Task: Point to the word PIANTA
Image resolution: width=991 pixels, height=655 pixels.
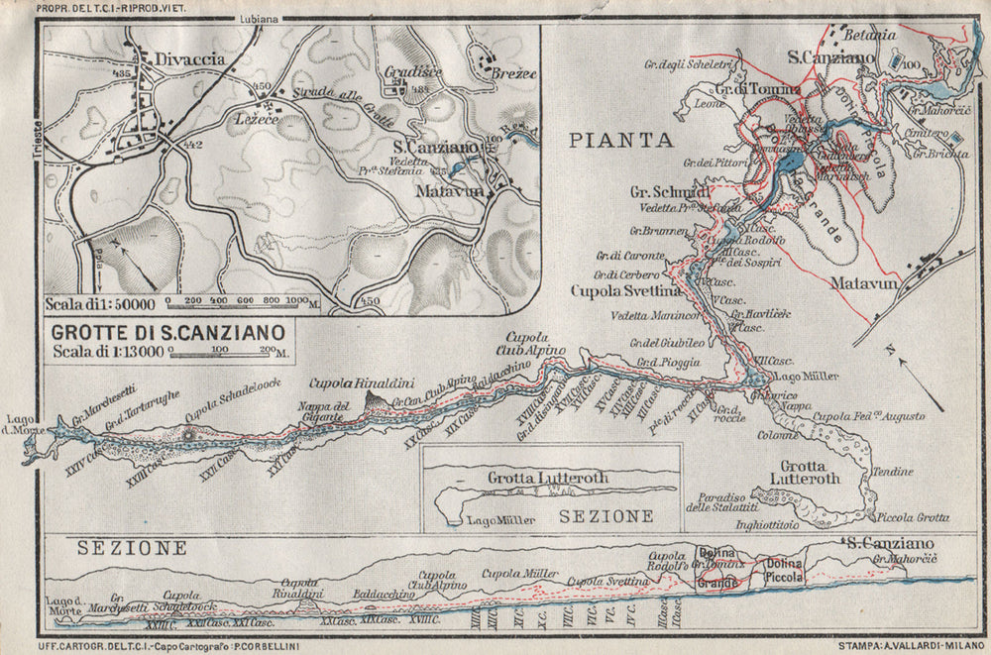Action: [621, 140]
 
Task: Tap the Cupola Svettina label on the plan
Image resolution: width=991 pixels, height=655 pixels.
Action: [626, 291]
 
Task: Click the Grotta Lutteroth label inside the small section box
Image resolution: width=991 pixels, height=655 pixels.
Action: [548, 478]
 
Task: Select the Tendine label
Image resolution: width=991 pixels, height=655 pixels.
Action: [893, 472]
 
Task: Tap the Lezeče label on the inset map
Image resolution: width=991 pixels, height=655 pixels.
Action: [256, 117]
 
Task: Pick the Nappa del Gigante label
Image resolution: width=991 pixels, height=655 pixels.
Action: [325, 410]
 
